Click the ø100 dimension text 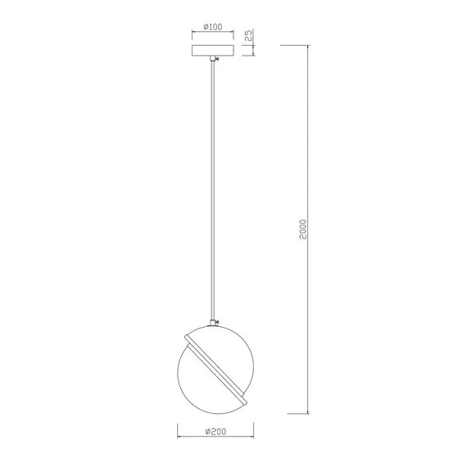coord(212,27)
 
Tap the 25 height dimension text coord(248,36)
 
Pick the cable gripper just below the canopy coord(214,61)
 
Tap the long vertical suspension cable coord(214,188)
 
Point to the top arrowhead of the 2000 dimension coord(308,46)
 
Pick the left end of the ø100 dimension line coord(191,33)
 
